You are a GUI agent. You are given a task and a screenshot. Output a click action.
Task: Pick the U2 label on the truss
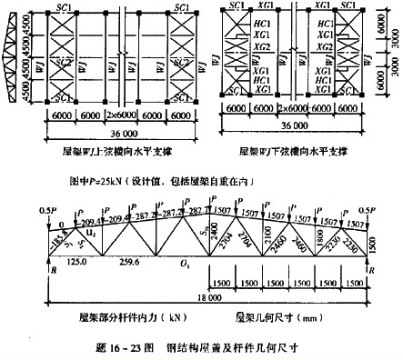click(91, 234)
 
